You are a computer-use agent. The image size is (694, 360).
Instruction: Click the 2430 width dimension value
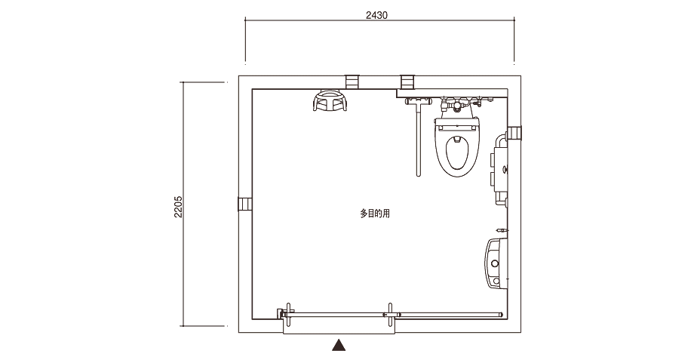click(x=376, y=15)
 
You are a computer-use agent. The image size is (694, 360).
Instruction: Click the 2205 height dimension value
click(x=178, y=207)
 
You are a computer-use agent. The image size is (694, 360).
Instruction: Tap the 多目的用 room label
click(x=375, y=214)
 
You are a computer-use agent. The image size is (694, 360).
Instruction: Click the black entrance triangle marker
click(x=339, y=345)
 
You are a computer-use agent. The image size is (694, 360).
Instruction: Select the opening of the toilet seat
click(x=457, y=153)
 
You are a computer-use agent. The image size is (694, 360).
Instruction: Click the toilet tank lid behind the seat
click(x=457, y=128)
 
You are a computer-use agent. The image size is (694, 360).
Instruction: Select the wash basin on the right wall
click(x=496, y=263)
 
